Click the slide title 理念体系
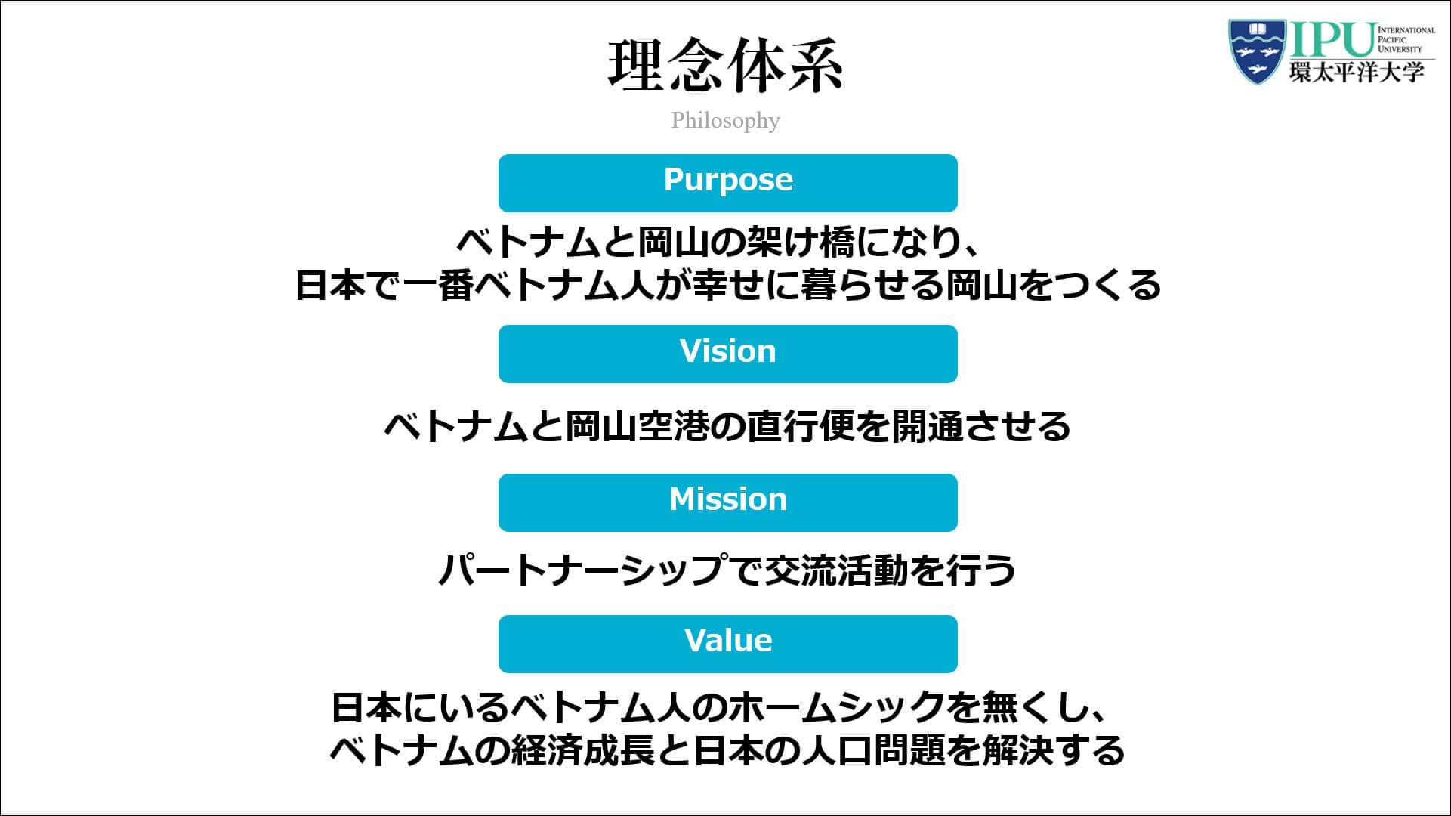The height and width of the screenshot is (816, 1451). point(725,66)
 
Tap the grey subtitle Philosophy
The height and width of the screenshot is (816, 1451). point(725,120)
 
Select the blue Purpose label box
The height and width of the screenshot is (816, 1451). point(727,183)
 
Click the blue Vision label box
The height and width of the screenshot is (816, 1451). point(727,354)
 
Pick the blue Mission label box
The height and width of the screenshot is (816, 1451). point(727,502)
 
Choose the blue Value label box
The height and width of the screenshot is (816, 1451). point(727,644)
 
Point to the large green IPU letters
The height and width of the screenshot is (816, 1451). point(1332,40)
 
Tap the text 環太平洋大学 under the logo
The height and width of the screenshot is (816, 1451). point(1357,73)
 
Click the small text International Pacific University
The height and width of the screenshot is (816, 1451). point(1406,40)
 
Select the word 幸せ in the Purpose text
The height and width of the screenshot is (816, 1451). point(727,286)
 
